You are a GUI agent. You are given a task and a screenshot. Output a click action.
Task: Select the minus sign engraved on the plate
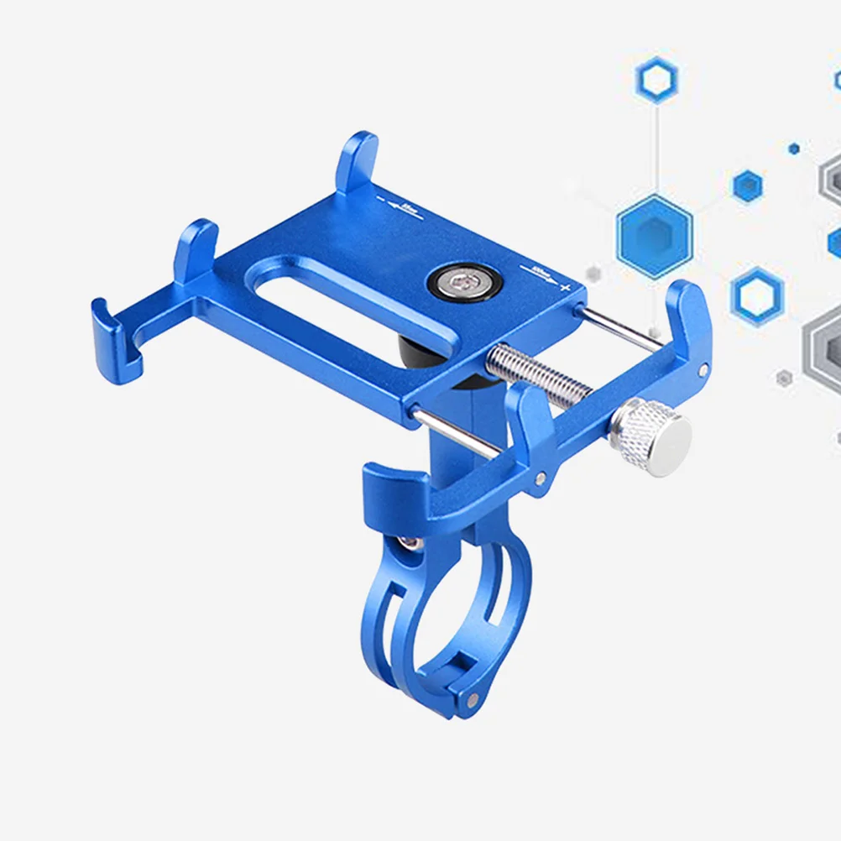point(381,201)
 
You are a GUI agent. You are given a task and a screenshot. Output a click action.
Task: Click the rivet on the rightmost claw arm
point(703,368)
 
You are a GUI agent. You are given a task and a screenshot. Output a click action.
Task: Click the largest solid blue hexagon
point(655,236)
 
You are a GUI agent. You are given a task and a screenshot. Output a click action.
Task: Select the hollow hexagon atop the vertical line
point(656,81)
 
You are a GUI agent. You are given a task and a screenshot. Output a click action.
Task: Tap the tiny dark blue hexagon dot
point(794,149)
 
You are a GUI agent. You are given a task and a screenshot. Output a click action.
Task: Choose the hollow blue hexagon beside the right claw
point(756,296)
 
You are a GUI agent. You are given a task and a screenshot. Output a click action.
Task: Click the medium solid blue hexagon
point(747,185)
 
